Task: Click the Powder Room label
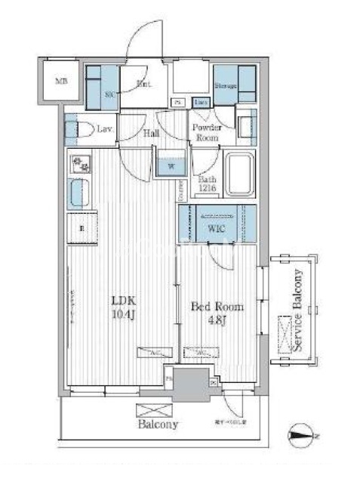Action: [x=206, y=133]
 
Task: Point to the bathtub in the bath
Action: [x=240, y=174]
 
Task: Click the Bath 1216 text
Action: [x=208, y=184]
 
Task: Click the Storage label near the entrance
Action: [x=226, y=85]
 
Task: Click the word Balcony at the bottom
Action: [x=158, y=425]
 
